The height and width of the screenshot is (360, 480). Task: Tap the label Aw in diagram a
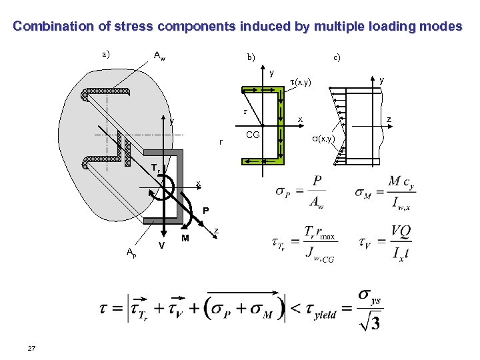coord(160,56)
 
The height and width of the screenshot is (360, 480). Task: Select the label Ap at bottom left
coord(131,251)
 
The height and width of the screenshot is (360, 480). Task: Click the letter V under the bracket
coord(162,245)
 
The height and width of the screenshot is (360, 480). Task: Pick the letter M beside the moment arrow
coord(185,238)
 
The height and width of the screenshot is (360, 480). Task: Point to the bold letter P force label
coord(206,211)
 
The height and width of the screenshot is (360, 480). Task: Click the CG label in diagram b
coord(253,135)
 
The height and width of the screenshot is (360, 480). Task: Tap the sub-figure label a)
coord(106,53)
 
